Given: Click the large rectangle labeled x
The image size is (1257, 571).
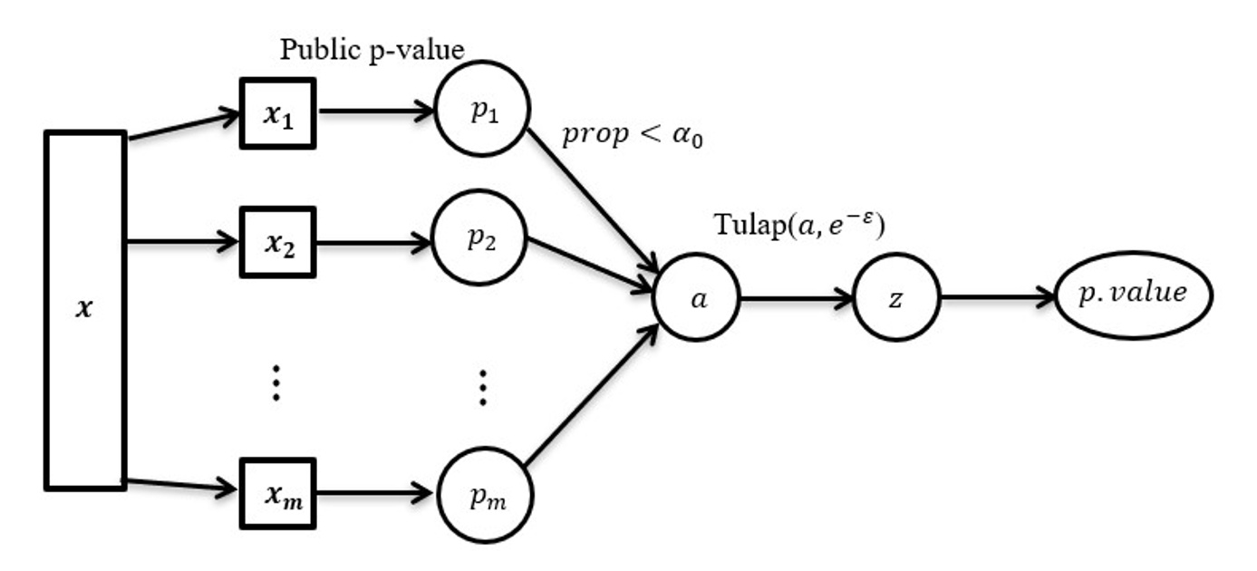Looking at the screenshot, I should tap(84, 310).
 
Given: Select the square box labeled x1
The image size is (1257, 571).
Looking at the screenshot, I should tap(276, 113).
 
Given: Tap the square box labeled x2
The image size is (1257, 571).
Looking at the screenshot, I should tap(276, 242).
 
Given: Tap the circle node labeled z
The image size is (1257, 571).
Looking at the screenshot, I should tap(896, 299).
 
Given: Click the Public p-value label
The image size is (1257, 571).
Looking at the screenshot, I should tap(372, 49).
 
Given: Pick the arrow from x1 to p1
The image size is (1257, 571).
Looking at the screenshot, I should tap(376, 112).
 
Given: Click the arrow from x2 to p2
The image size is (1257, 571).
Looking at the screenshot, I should tap(376, 242).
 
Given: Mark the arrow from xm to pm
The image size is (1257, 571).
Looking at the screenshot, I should tap(376, 494).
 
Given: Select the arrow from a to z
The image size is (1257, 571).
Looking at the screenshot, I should tap(798, 299).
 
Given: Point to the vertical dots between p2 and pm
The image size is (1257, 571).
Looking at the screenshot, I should tap(483, 387).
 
